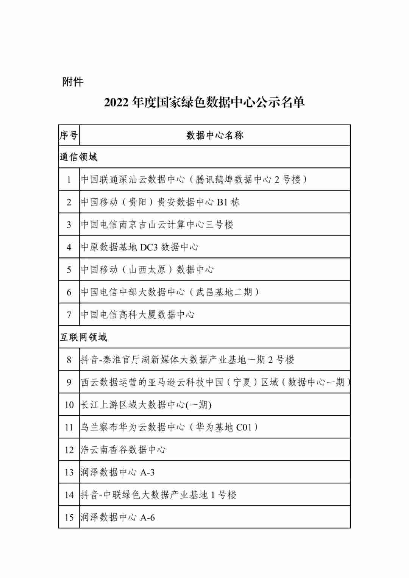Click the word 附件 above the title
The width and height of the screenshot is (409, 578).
pyautogui.click(x=72, y=82)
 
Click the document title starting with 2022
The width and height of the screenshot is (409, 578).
pyautogui.click(x=204, y=102)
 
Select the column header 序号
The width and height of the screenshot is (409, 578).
pyautogui.click(x=69, y=135)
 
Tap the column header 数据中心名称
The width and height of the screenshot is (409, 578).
pyautogui.click(x=215, y=135)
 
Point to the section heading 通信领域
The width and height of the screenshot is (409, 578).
pyautogui.click(x=78, y=157)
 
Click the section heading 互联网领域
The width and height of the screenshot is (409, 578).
pyautogui.click(x=83, y=337)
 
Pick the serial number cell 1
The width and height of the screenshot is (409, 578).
pyautogui.click(x=69, y=179)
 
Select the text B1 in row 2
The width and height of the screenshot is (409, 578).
pyautogui.click(x=222, y=202)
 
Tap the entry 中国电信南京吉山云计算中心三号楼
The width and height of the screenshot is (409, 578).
pyautogui.click(x=157, y=224)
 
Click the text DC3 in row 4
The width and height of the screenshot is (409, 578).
pyautogui.click(x=148, y=247)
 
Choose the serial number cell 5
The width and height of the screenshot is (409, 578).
pyautogui.click(x=69, y=270)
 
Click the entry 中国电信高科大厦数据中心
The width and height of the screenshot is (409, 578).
pyautogui.click(x=137, y=315)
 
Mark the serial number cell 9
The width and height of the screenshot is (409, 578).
pyautogui.click(x=69, y=382)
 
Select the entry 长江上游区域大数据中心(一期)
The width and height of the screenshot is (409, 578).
pyautogui.click(x=146, y=405)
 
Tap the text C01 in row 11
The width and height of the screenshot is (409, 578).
pyautogui.click(x=244, y=427)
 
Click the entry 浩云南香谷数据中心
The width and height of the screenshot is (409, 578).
pyautogui.click(x=123, y=450)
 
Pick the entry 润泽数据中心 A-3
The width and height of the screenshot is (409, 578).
pyautogui.click(x=117, y=472)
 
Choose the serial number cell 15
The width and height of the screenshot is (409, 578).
pyautogui.click(x=69, y=517)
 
